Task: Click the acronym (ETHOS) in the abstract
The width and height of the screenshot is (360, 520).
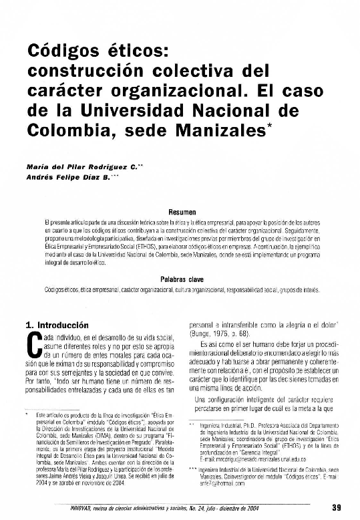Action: (171, 247)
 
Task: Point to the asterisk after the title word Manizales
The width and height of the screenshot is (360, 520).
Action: (267, 122)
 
